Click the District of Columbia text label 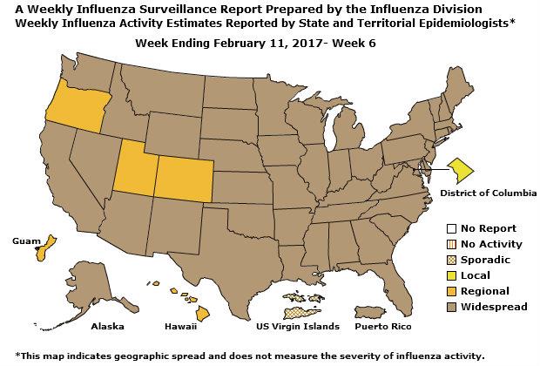coord(488,193)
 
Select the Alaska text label coord(107,327)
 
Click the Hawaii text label coord(180,327)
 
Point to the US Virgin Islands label coord(297,327)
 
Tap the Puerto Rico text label coord(382,327)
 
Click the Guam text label coord(22,240)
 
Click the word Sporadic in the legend coord(487,260)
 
